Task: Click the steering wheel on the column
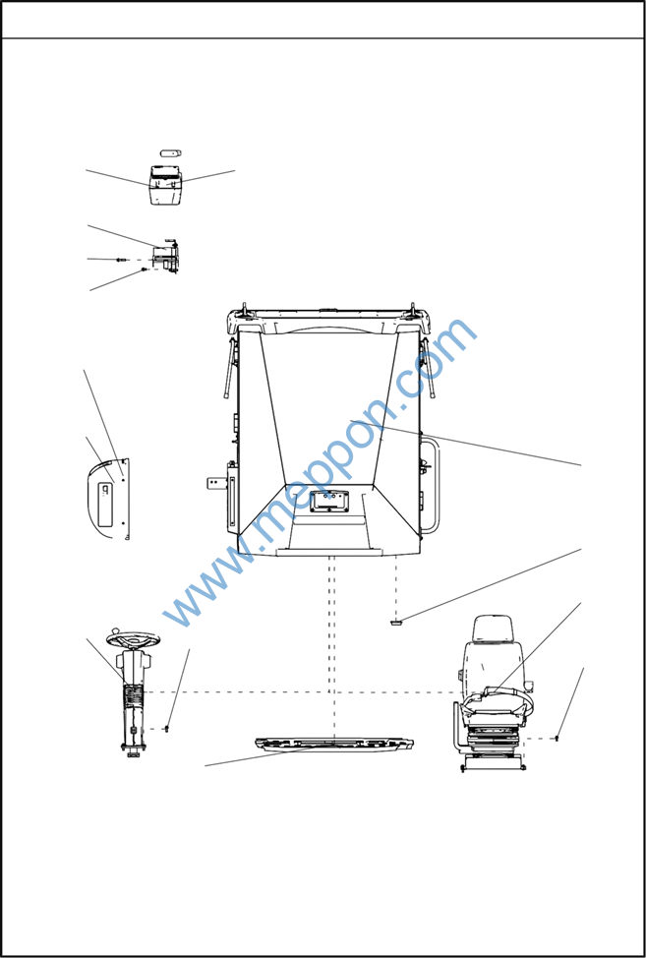[x=133, y=639]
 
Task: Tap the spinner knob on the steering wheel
[x=115, y=631]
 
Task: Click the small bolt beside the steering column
[x=166, y=728]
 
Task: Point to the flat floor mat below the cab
[x=334, y=745]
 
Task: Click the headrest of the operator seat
[x=494, y=629]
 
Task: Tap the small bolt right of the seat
[x=557, y=739]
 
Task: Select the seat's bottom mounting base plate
[x=494, y=763]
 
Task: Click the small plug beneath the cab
[x=396, y=623]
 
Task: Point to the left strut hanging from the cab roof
[x=229, y=369]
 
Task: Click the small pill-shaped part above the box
[x=170, y=152]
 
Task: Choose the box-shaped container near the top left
[x=165, y=185]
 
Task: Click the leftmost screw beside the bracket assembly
[x=121, y=260]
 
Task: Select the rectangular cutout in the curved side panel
[x=106, y=503]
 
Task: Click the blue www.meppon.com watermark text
[x=320, y=472]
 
